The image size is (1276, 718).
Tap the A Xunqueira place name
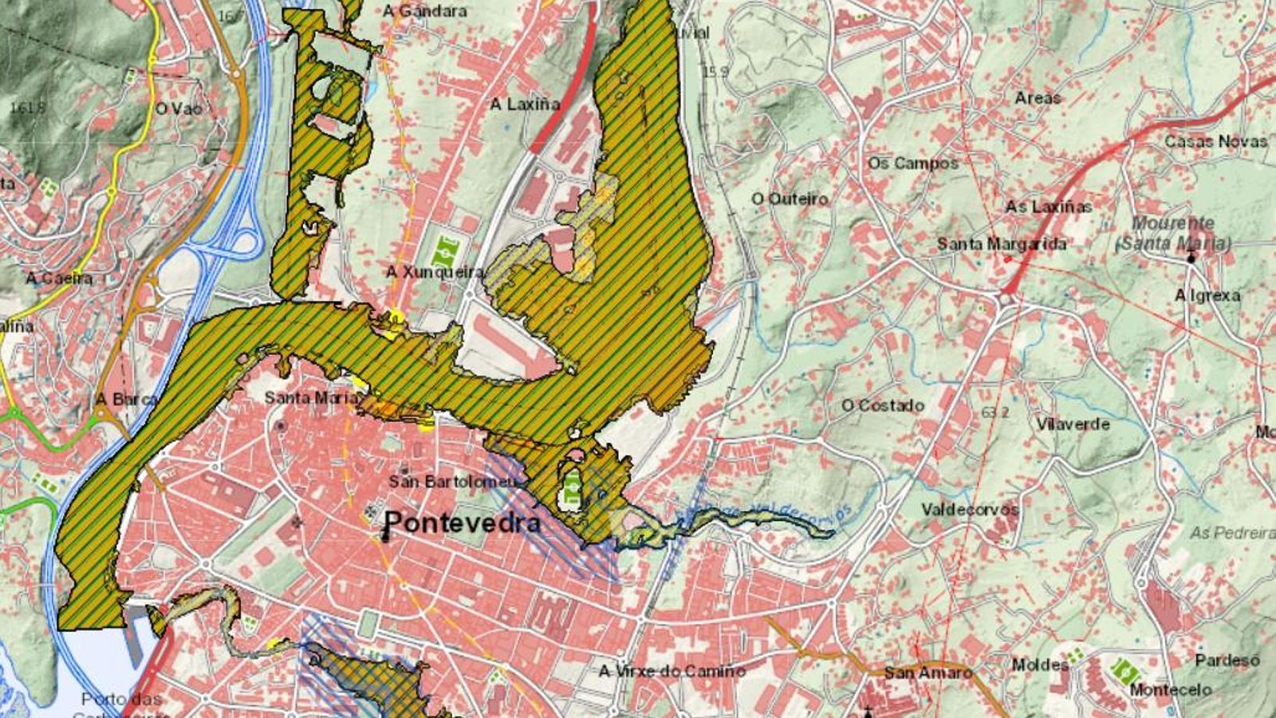[435, 272]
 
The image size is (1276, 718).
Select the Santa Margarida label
[1001, 244]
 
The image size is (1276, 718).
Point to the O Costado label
[883, 405]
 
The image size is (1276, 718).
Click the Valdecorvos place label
[970, 509]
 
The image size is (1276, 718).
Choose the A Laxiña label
[525, 104]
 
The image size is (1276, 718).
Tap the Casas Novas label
[1215, 141]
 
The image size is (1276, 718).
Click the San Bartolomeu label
[452, 482]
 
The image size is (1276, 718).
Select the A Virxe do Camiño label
[671, 671]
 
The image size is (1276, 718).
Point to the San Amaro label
[927, 673]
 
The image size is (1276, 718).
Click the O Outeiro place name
[790, 199]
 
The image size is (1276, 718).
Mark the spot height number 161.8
[27, 106]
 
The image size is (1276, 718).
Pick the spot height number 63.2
[994, 412]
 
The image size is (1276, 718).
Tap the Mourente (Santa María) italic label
[1172, 233]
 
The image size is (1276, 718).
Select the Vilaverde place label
[1073, 424]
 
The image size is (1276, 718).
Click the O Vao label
[179, 108]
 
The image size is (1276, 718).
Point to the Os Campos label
[912, 163]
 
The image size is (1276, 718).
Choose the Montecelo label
[1170, 689]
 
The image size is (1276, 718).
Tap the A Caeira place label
[59, 278]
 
